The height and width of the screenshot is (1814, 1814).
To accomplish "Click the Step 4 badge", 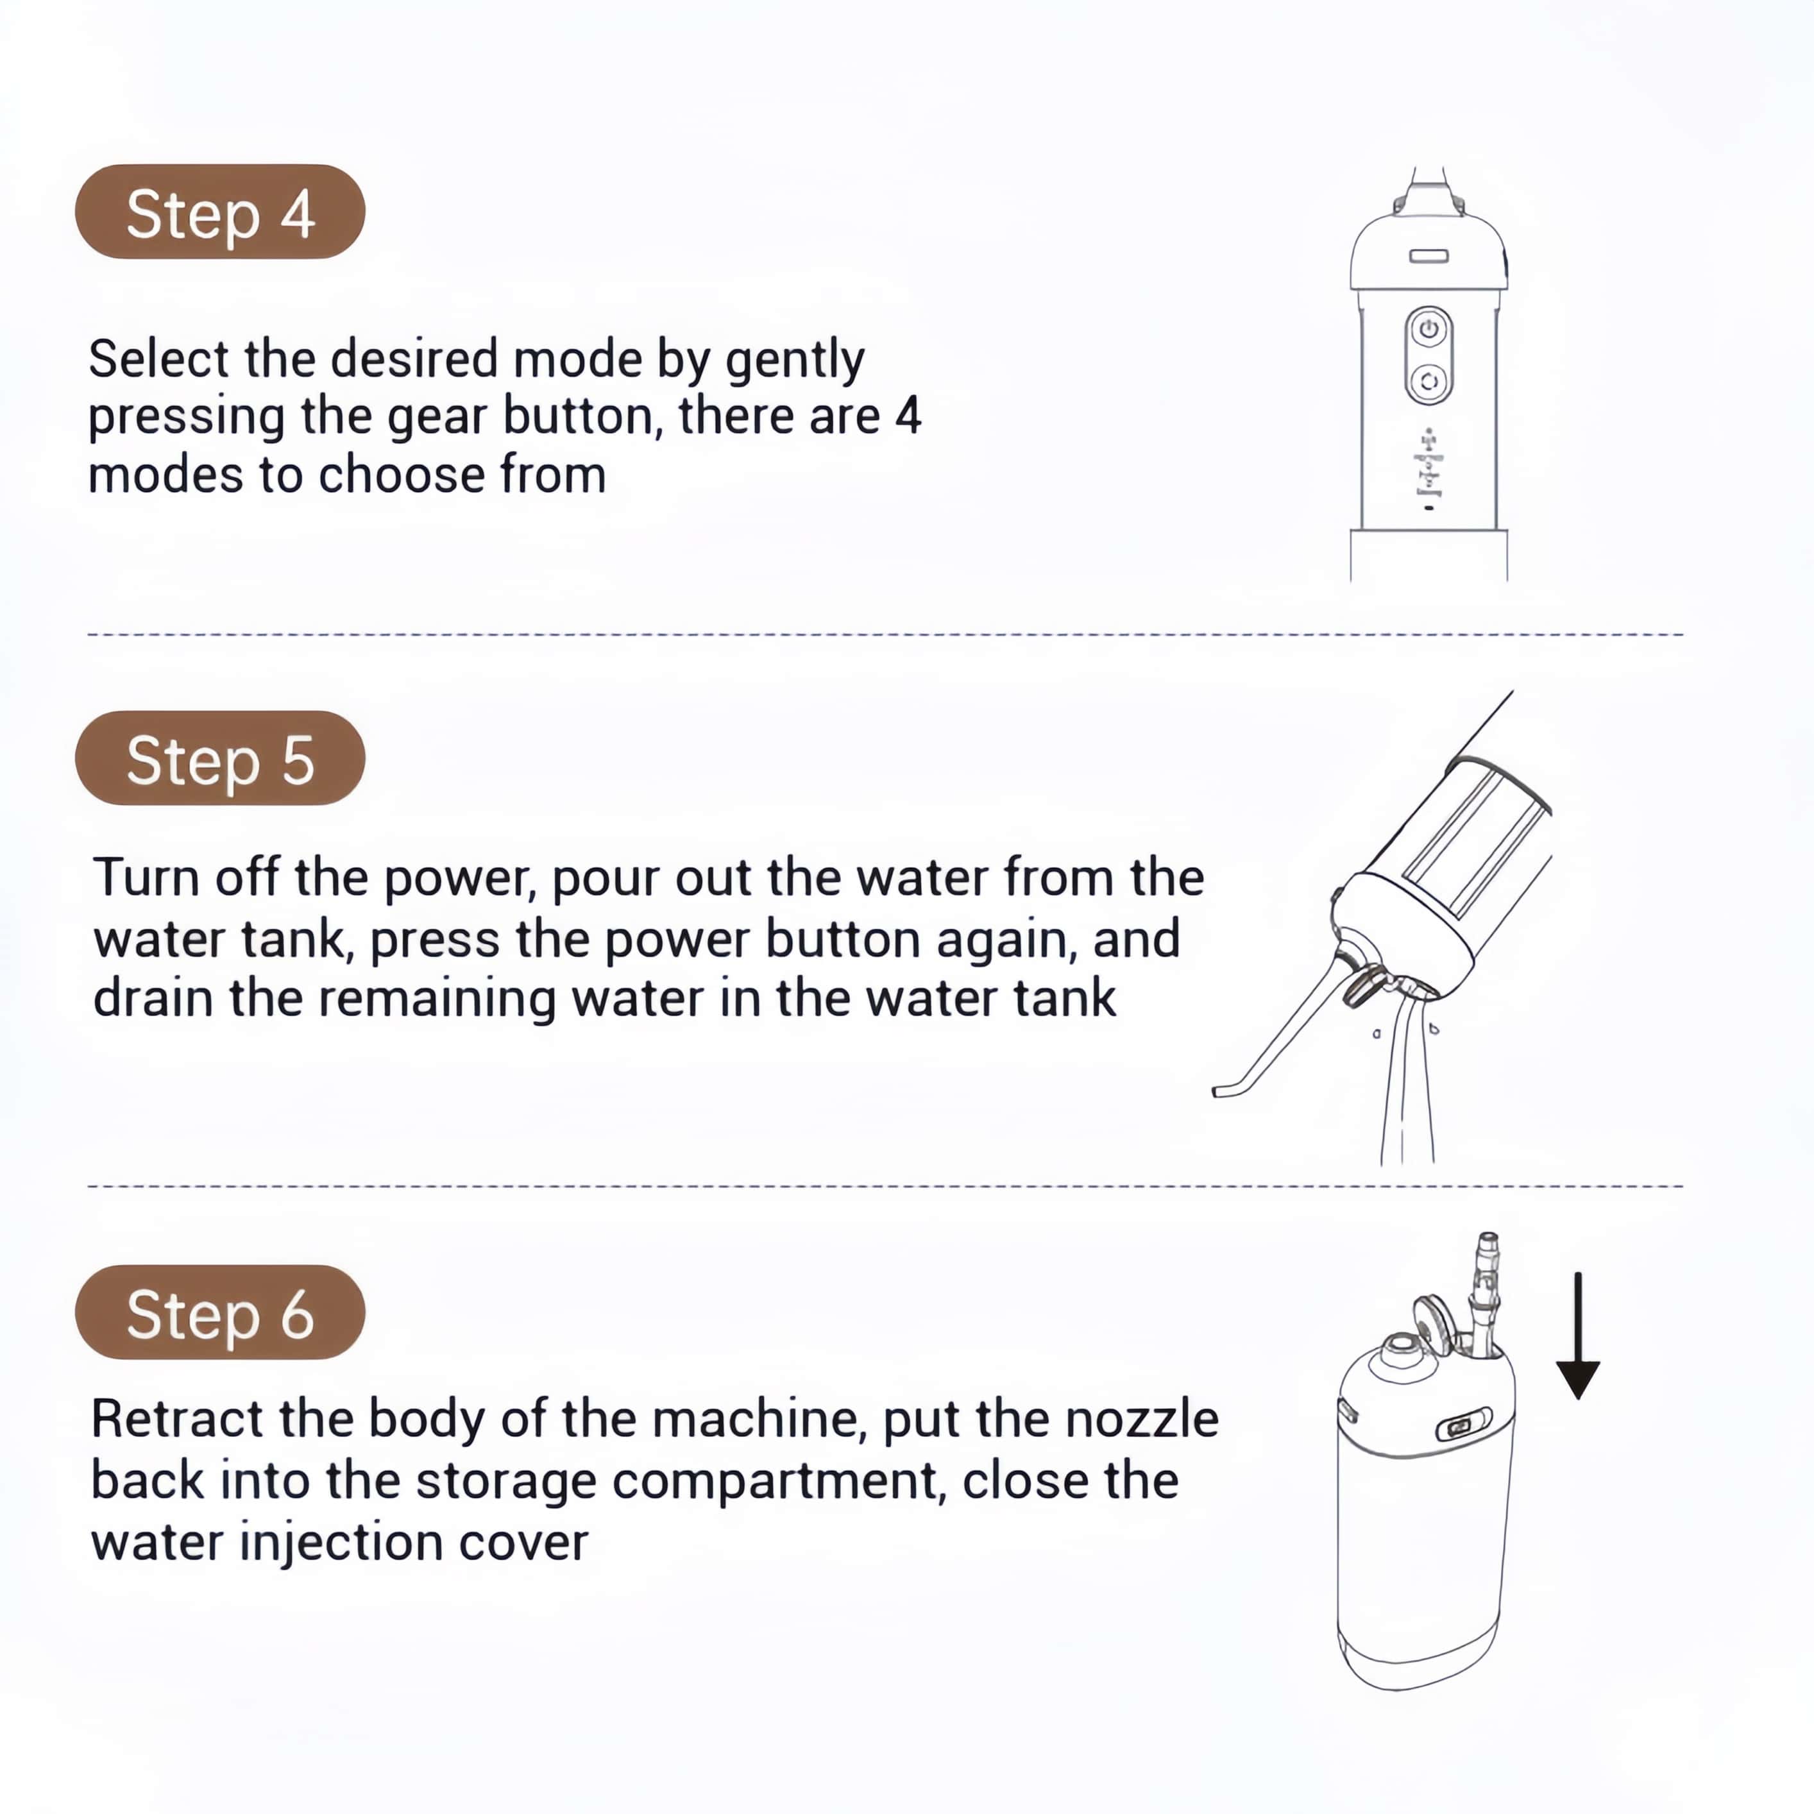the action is click(220, 211).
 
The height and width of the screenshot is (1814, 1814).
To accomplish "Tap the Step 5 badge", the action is click(220, 758).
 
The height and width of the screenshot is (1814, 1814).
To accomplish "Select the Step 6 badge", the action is click(220, 1312).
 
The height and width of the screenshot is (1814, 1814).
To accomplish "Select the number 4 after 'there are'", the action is click(908, 416).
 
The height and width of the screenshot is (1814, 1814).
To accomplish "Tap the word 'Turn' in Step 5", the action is click(146, 878).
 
